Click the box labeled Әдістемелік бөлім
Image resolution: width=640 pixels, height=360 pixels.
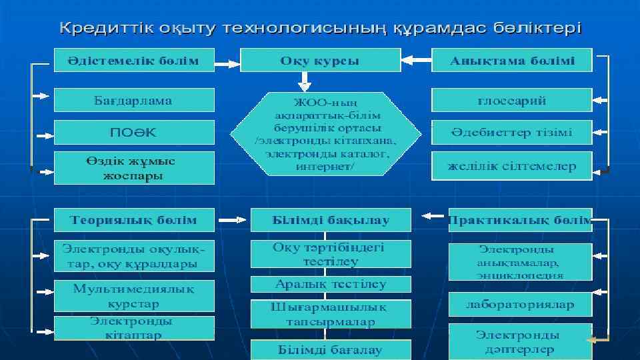point(133,60)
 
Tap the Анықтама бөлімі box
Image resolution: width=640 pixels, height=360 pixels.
point(511,60)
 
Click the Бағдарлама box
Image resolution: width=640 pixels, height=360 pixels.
point(133,100)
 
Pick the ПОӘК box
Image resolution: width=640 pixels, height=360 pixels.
point(133,132)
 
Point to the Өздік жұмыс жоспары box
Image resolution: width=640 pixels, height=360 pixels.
point(133,168)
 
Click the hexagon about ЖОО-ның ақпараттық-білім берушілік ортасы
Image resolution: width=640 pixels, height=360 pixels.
point(325,133)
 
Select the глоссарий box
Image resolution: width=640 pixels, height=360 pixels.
point(511,100)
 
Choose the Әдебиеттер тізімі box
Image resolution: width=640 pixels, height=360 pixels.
point(511,132)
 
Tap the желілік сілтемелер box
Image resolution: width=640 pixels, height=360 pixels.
point(511,166)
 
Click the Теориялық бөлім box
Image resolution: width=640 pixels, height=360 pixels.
point(133,219)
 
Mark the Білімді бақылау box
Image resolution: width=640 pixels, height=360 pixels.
point(331,219)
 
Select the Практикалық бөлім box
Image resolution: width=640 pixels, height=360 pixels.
point(520,219)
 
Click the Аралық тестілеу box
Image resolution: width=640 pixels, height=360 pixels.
point(331,284)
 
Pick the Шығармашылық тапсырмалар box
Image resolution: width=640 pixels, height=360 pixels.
point(331,314)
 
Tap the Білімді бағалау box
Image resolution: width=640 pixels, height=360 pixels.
point(331,349)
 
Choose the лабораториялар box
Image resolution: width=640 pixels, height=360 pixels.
point(520,304)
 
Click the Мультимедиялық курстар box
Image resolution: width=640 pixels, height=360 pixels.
point(133,296)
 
